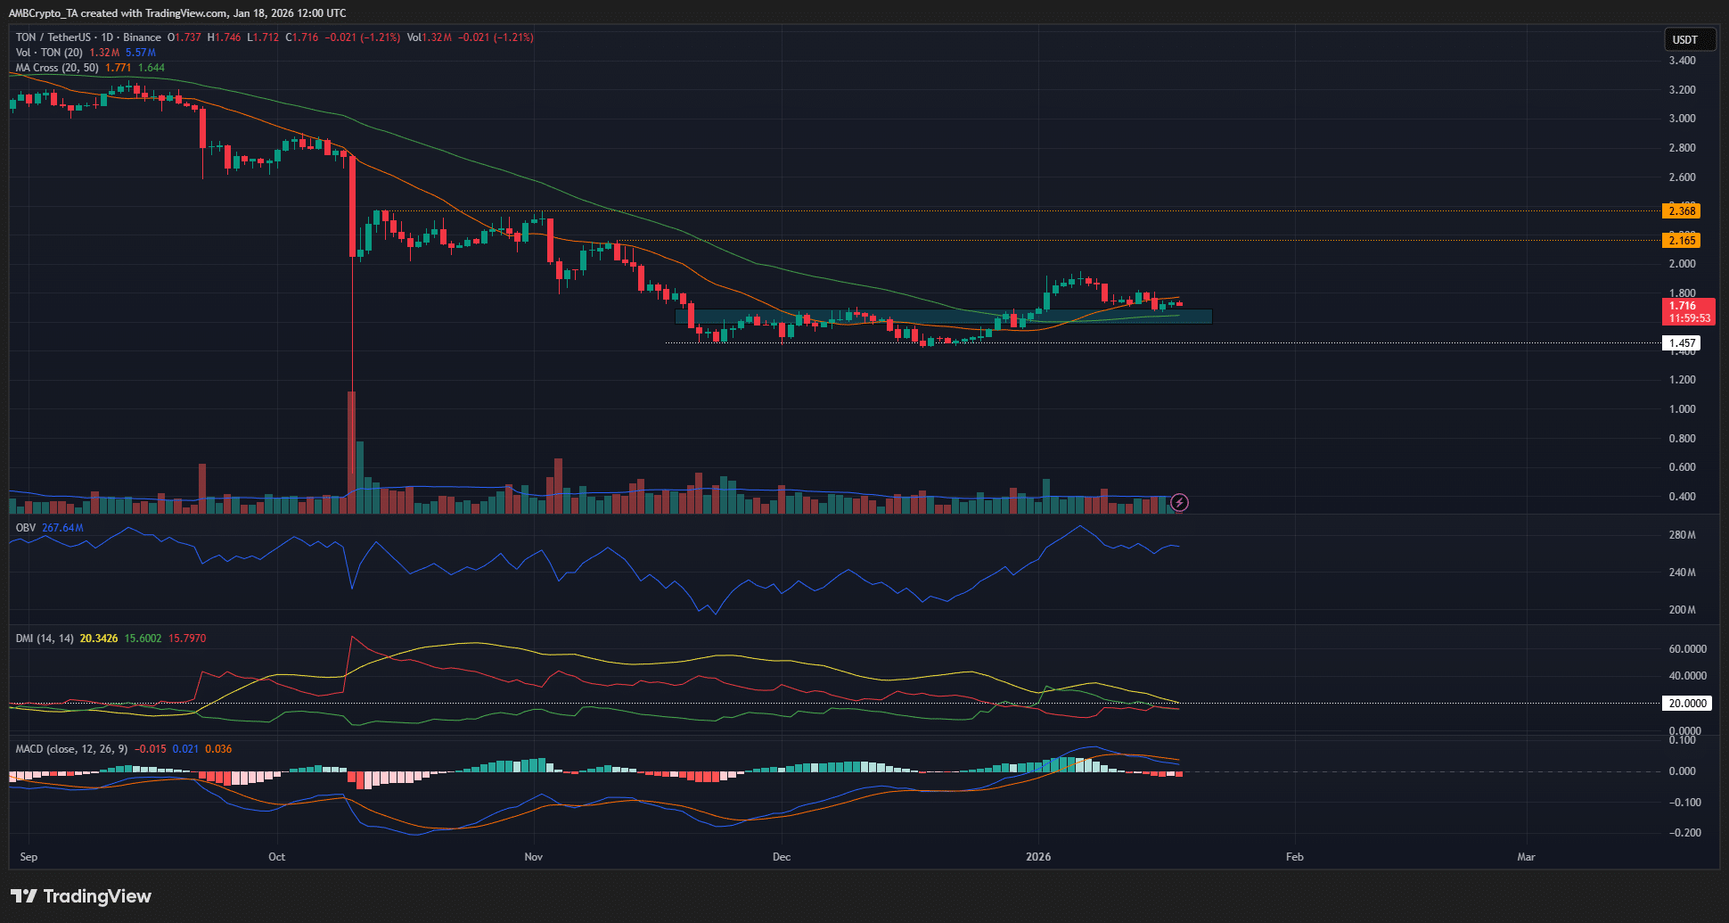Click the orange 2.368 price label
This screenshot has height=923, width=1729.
point(1682,211)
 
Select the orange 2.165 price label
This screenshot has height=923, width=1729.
point(1682,241)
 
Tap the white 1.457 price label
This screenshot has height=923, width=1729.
point(1682,343)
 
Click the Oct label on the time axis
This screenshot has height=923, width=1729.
point(277,857)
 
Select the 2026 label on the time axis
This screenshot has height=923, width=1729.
point(1038,857)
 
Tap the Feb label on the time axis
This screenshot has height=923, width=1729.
point(1294,857)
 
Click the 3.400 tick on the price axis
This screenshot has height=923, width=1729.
point(1682,61)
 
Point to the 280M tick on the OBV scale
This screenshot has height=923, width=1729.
point(1682,535)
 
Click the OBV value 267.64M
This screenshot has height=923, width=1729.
point(62,528)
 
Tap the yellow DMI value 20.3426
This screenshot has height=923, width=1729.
point(99,639)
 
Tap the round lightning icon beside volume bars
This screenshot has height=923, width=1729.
point(1179,503)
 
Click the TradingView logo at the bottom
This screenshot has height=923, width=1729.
point(81,896)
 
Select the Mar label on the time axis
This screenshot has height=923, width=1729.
point(1526,857)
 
